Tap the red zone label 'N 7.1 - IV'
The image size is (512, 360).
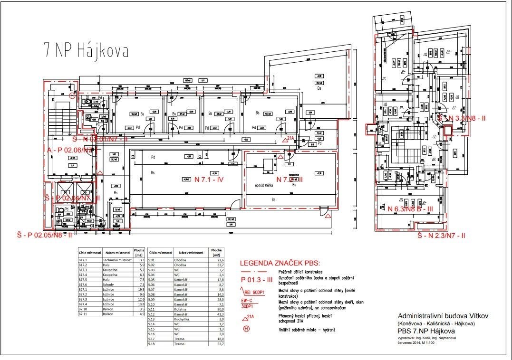pyautogui.click(x=209, y=180)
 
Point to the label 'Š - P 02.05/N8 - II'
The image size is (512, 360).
pyautogui.click(x=44, y=234)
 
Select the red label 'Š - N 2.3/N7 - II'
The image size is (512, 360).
pyautogui.click(x=441, y=236)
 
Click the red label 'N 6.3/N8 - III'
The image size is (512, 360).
pyautogui.click(x=410, y=208)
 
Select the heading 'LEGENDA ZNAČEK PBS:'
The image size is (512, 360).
pyautogui.click(x=280, y=263)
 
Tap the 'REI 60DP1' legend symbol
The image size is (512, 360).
pyautogui.click(x=256, y=293)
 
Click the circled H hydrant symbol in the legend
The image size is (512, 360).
pyautogui.click(x=247, y=330)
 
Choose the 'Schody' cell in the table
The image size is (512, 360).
pyautogui.click(x=109, y=284)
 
